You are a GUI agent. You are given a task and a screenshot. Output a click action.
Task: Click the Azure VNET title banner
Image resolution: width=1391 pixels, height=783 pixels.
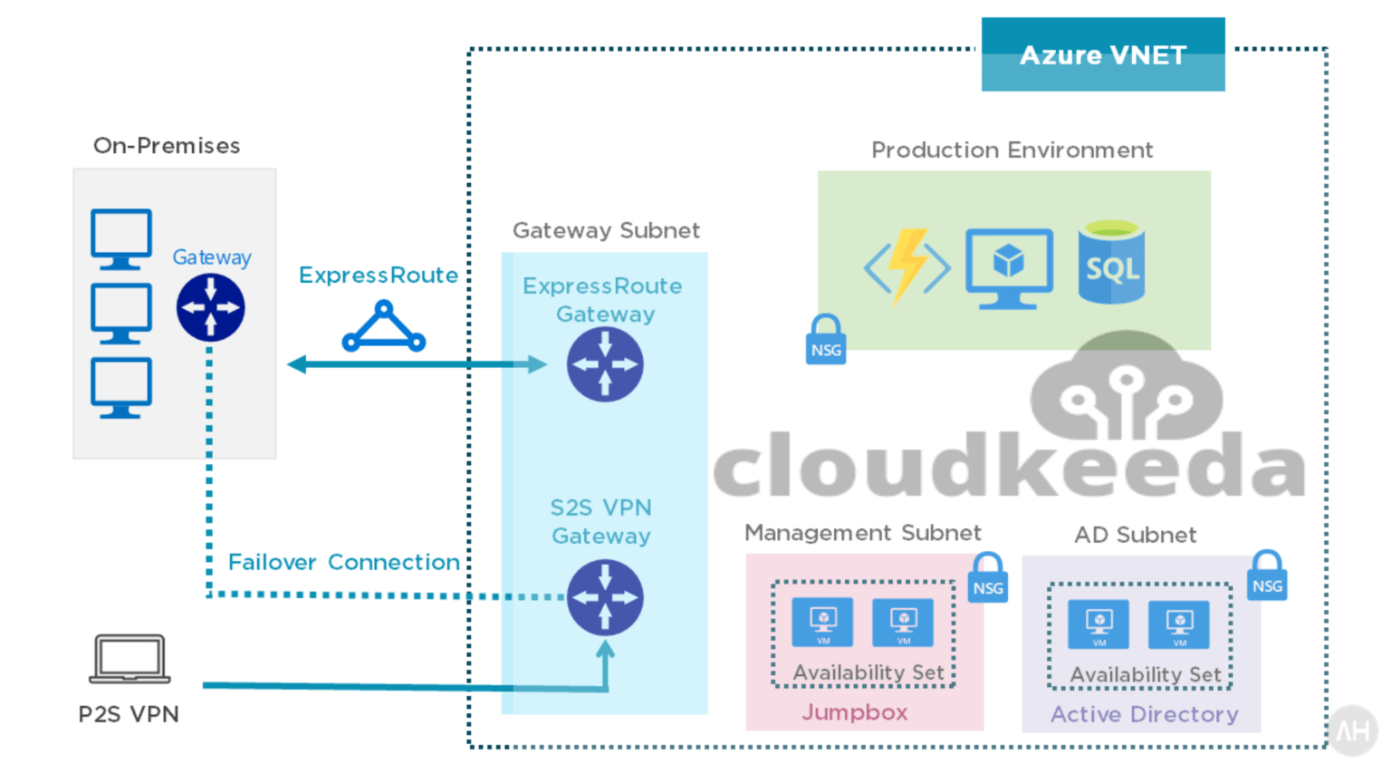pos(1102,54)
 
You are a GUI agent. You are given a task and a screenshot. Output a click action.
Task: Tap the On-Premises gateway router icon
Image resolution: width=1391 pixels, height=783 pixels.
pos(210,308)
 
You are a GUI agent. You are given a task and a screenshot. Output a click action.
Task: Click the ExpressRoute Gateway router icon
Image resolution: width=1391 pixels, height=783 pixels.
pos(605,364)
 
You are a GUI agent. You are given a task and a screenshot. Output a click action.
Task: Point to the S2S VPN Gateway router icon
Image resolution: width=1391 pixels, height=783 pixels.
pos(605,597)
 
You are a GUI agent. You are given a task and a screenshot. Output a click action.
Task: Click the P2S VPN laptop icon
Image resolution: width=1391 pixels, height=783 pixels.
pos(130,659)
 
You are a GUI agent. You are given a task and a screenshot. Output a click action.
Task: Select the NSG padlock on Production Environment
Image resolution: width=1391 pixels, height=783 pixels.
pos(826,341)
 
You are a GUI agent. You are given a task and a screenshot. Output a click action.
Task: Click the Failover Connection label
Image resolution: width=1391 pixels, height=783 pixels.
pos(343,562)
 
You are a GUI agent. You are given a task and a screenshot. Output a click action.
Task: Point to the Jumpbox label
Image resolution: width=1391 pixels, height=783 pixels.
pos(854,712)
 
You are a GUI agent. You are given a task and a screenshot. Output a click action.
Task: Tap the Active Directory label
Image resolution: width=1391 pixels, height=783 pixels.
pos(1144,714)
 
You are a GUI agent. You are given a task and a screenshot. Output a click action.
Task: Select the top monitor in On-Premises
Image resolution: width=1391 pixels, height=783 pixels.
pos(121,238)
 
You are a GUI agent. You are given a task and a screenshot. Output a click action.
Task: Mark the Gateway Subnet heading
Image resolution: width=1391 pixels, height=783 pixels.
pos(606,230)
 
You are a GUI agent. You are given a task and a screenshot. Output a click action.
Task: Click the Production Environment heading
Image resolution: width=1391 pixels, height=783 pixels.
pos(1012,150)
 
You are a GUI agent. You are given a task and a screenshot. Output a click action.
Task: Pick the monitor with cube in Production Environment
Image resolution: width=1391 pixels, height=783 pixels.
pos(1009,268)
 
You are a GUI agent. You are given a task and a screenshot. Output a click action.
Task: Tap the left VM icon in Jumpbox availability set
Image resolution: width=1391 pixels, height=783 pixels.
pos(822,622)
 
